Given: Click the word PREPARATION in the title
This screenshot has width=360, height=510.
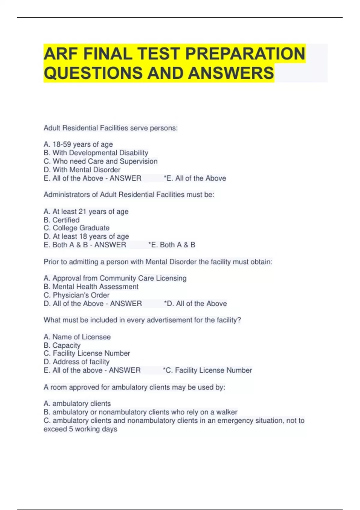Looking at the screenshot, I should [x=245, y=54].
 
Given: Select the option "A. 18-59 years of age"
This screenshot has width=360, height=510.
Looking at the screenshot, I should [x=78, y=145].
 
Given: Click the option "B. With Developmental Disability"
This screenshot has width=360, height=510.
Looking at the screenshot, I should [x=96, y=153].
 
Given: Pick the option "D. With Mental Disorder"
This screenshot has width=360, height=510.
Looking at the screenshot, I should [x=82, y=170].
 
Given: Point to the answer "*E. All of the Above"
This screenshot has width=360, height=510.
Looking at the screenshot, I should [x=195, y=178].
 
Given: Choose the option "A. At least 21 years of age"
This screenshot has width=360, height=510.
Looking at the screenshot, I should [x=86, y=211].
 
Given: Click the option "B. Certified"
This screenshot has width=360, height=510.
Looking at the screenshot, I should [x=61, y=220].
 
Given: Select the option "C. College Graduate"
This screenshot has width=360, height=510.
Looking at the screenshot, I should [x=76, y=228].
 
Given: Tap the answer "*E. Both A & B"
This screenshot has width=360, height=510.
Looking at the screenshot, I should [x=172, y=245].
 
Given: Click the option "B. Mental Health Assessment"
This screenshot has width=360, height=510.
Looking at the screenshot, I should [x=91, y=286].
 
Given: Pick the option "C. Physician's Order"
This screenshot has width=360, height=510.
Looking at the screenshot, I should [x=76, y=295].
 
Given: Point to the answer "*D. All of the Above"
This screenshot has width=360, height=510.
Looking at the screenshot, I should [x=196, y=304].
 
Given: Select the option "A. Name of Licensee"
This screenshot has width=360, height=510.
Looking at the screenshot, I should [x=77, y=337].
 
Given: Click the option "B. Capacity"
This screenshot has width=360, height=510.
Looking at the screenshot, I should [x=62, y=345].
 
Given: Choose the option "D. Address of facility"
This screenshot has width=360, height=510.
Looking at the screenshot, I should [x=76, y=362].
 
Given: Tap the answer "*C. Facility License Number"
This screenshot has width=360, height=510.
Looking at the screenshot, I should [x=208, y=370].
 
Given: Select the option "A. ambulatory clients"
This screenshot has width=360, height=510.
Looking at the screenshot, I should [x=77, y=403].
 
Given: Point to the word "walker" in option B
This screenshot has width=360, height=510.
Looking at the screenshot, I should [x=227, y=412].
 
